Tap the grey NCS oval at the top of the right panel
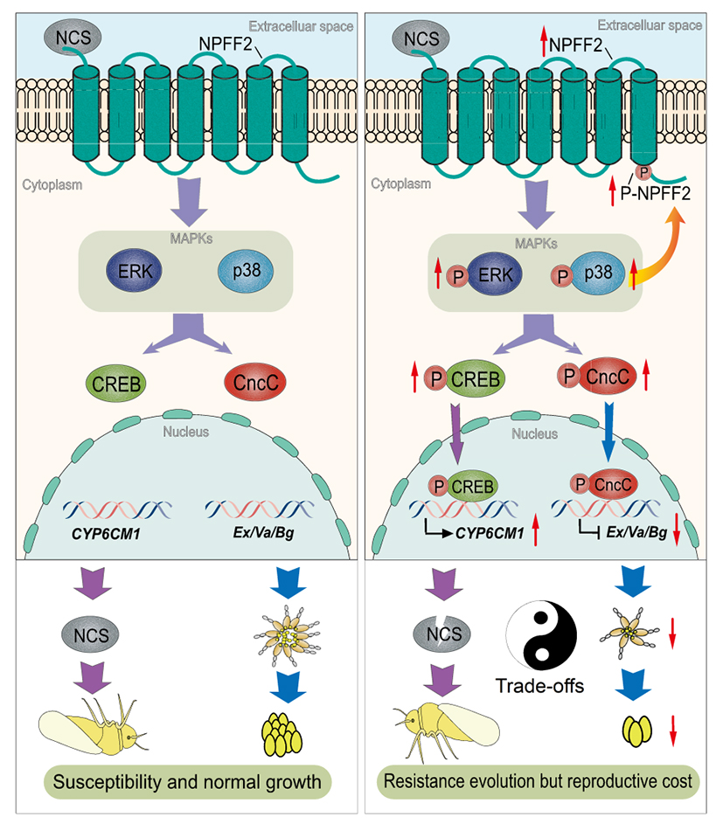(x=421, y=38)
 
